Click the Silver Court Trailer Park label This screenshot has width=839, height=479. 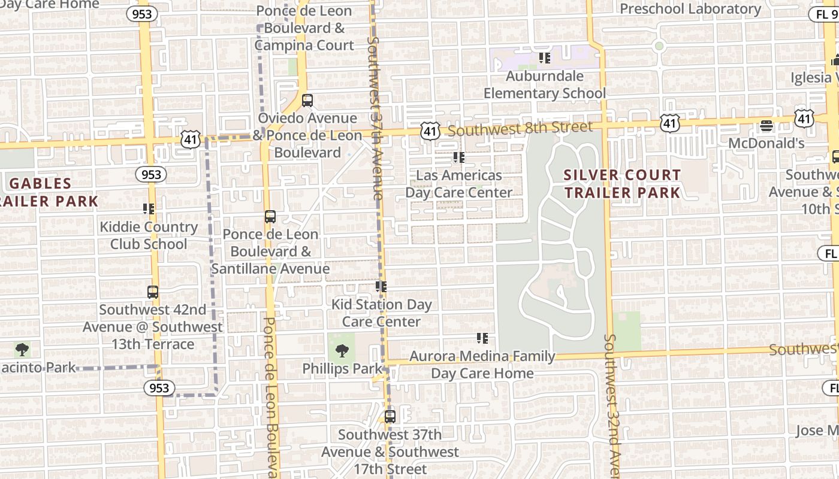[x=623, y=184]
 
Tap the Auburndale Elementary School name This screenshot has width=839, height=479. [x=545, y=85]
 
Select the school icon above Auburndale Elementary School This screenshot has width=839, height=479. [x=544, y=58]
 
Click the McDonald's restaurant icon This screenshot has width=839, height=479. [x=766, y=126]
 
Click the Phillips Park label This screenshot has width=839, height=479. [x=342, y=368]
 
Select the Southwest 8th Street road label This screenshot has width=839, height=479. [x=520, y=128]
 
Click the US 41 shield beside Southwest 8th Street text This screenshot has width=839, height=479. [x=430, y=131]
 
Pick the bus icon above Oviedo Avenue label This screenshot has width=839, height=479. [x=307, y=101]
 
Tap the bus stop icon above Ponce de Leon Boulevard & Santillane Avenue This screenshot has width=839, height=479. [x=270, y=217]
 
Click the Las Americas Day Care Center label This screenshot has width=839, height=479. [x=459, y=184]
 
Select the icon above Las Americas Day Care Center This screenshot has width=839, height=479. [x=459, y=157]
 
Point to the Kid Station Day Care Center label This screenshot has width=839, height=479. [x=382, y=313]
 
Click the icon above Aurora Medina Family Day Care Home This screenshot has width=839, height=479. [x=482, y=338]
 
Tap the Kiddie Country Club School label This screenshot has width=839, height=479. [x=149, y=235]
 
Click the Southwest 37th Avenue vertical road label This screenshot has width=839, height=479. [x=374, y=118]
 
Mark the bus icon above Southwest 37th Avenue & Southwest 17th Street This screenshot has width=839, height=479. [x=390, y=416]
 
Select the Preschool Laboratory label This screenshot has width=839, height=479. [x=690, y=9]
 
